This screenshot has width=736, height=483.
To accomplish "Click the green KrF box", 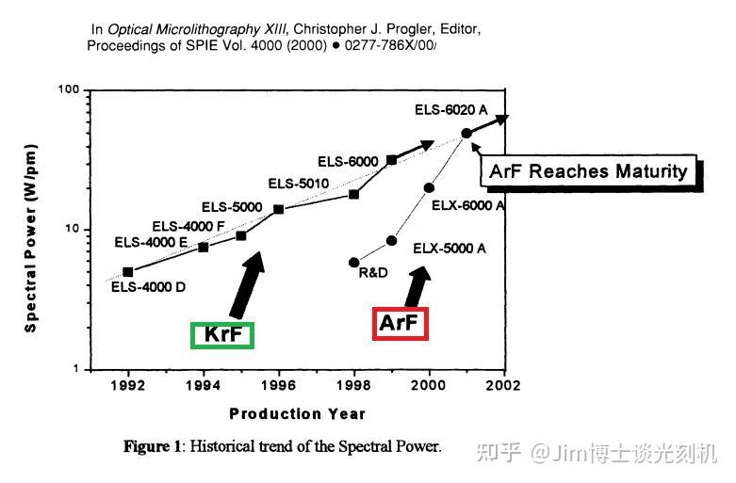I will click(222, 334).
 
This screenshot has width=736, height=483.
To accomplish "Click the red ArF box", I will click(401, 324).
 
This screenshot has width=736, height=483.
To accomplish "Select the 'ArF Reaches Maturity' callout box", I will click(588, 171).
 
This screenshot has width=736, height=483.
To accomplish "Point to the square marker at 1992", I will click(128, 272).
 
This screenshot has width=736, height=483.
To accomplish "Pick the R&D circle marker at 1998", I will click(353, 263).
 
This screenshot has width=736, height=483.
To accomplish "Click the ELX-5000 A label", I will click(450, 249).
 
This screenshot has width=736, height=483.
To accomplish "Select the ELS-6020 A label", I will click(451, 110).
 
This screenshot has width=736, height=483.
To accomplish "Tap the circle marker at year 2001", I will click(466, 134).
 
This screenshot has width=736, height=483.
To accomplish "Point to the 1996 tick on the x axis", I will click(279, 370).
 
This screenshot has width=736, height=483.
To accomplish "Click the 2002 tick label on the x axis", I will click(504, 385).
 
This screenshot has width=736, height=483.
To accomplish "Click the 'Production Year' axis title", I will click(297, 414).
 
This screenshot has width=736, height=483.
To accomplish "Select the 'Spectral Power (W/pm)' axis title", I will click(32, 231).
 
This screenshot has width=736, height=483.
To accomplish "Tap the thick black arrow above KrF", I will click(246, 283).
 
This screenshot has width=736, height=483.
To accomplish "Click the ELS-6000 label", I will click(347, 161).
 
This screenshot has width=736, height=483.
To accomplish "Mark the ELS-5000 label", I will click(231, 207).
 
